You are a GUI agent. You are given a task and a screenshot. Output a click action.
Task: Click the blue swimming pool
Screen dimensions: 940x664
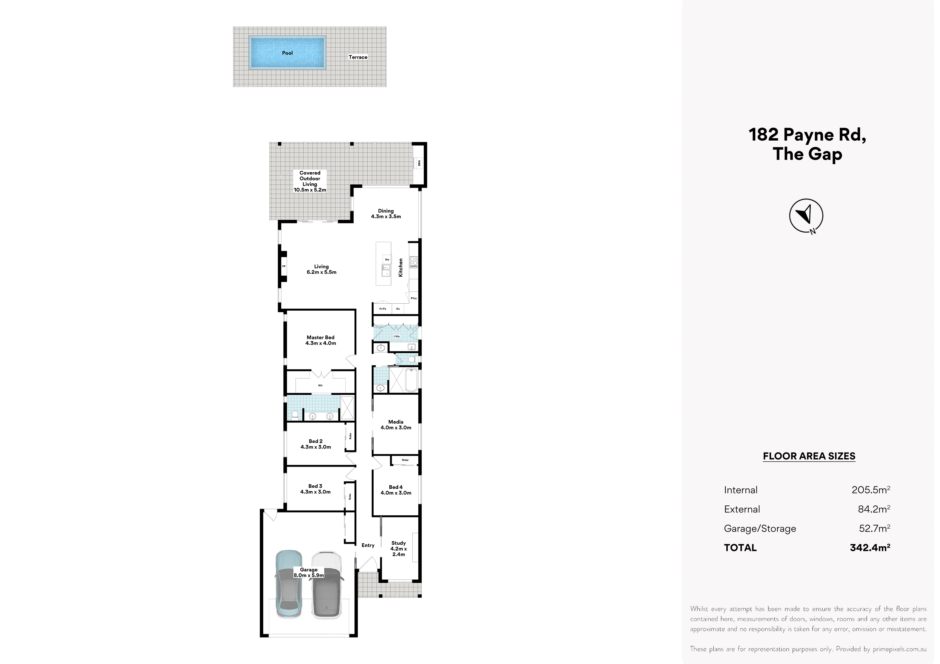[x=288, y=52]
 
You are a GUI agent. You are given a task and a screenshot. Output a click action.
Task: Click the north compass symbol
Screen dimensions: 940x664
[x=806, y=216]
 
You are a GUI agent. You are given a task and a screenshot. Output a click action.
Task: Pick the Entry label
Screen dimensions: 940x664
[x=368, y=545]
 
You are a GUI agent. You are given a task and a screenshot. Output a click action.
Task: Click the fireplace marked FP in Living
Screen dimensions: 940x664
[x=283, y=266]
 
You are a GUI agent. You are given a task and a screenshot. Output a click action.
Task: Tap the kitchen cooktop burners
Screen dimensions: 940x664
[x=413, y=262]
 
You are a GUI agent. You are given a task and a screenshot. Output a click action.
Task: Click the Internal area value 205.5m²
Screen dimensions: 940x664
[x=871, y=490]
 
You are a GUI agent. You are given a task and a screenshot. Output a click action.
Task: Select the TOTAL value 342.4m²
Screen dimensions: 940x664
[x=870, y=548]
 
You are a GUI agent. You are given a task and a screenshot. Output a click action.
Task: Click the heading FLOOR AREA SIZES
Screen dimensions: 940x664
[x=809, y=456]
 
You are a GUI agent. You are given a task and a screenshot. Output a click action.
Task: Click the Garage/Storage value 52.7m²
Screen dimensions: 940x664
[x=875, y=528]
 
